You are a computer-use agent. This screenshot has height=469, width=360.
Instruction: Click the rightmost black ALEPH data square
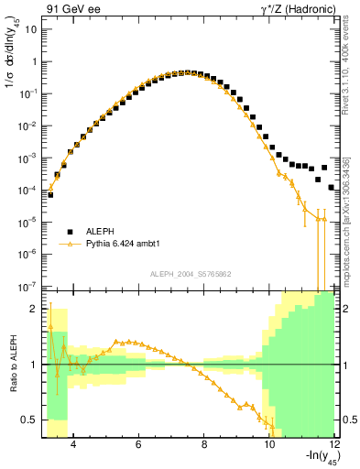[332, 187]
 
